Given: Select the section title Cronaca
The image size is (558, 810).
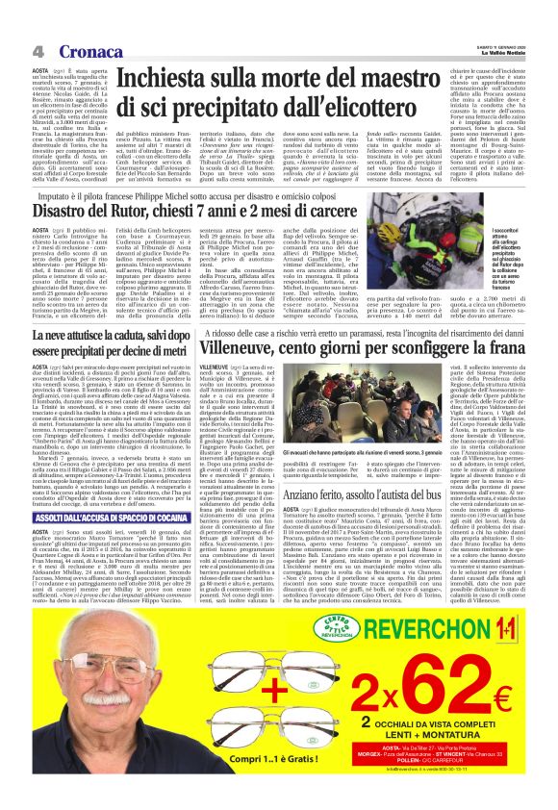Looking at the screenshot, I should click(76, 50).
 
